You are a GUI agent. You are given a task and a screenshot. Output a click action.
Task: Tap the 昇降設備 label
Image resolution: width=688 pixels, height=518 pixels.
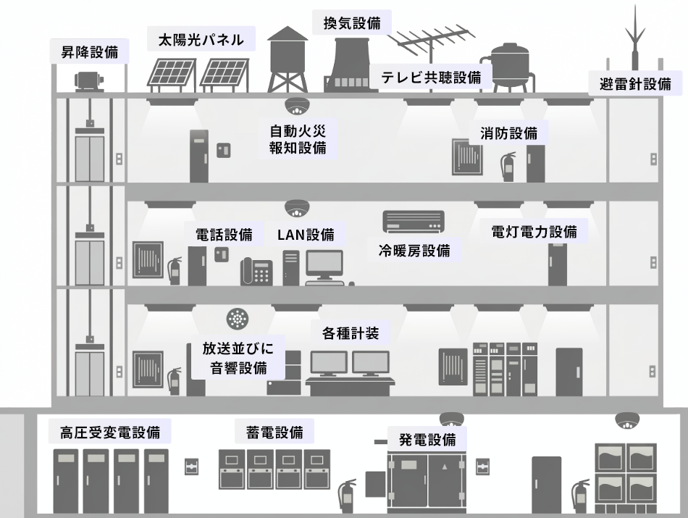tap(90, 51)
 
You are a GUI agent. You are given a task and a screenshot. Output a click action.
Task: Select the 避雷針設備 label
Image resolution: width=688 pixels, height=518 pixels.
tap(634, 83)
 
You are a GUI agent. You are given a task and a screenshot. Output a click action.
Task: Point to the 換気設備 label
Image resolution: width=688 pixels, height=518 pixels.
tap(352, 22)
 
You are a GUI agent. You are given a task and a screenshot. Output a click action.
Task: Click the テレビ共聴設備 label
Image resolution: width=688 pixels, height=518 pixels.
tap(432, 78)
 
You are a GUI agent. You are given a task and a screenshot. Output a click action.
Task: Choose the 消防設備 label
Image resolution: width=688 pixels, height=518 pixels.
tap(508, 133)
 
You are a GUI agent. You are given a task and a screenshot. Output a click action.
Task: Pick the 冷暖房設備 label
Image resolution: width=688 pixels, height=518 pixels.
tap(414, 251)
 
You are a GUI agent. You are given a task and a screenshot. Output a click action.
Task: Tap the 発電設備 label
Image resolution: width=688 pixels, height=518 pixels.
tap(427, 439)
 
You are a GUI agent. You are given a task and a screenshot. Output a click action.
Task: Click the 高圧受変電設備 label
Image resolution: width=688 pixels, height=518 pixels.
tap(110, 433)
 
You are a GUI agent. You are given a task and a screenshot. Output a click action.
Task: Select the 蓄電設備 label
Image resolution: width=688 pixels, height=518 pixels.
tap(270, 433)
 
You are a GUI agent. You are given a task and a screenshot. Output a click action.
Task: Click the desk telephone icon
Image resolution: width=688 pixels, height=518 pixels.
tap(256, 272)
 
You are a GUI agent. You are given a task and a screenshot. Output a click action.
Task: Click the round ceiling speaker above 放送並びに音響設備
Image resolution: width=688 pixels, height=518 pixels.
tap(237, 318)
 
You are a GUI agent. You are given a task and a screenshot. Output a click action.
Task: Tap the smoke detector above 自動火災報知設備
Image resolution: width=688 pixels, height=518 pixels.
tap(296, 107)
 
